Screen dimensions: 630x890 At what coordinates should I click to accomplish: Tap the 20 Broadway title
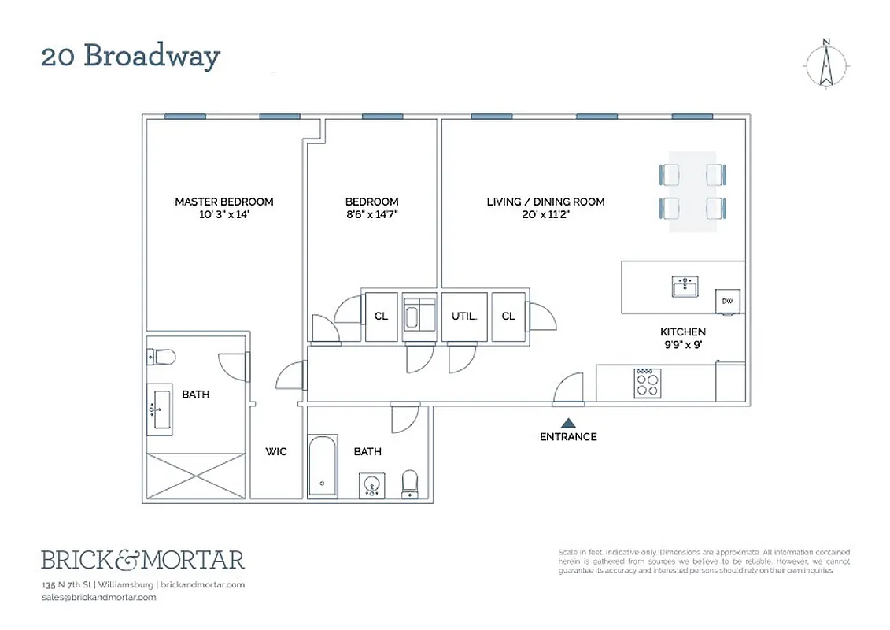point(131,57)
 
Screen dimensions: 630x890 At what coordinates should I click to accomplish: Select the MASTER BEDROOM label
point(224,202)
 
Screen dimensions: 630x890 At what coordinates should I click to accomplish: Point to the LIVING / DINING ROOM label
point(545,202)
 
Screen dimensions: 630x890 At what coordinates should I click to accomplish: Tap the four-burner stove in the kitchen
point(648,384)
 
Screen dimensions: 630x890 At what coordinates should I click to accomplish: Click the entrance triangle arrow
point(568,423)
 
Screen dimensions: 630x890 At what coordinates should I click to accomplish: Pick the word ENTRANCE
point(568,437)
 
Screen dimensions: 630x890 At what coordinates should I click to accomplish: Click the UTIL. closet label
point(464,317)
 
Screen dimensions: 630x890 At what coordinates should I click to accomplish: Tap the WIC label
point(276,452)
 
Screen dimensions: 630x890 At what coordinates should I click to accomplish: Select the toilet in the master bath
point(161,357)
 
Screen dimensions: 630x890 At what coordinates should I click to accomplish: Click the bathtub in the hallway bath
point(323,466)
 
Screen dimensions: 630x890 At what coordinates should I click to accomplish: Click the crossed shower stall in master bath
point(196,476)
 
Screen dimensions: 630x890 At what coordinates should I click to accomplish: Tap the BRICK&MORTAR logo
point(142,560)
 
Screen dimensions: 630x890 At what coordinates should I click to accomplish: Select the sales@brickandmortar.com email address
point(98,597)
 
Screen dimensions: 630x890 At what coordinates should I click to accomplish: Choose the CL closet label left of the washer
point(381,317)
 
